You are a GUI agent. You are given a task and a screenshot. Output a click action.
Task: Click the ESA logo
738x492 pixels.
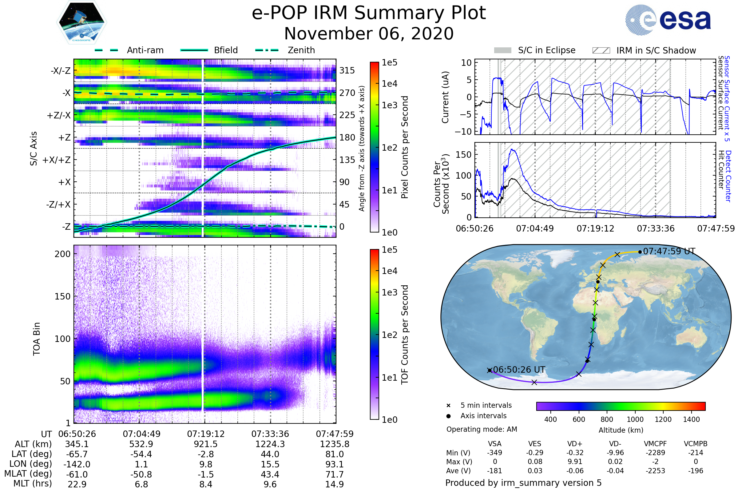point(668,20)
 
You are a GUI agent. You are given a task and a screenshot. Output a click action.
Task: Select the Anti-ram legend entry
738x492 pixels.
point(145,50)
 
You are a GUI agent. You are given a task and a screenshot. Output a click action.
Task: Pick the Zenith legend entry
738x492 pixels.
point(301,50)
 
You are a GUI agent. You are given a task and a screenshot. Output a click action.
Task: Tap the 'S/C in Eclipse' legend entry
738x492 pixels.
point(546,50)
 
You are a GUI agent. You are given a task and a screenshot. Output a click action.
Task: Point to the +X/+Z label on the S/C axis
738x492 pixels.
point(57,160)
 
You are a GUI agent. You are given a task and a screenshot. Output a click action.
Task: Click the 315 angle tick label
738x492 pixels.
point(347,71)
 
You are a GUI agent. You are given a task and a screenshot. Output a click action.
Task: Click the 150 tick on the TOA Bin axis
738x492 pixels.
point(62,296)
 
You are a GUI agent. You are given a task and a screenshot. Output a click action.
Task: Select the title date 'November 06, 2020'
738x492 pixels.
point(369,34)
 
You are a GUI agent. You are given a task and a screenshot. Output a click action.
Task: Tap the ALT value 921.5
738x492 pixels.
point(206,444)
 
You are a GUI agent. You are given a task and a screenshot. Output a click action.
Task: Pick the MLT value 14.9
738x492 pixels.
point(335,484)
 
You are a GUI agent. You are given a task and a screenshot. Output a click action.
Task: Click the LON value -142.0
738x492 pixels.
point(77,464)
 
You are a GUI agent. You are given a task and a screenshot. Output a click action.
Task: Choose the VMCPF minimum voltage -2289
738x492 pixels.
point(655,453)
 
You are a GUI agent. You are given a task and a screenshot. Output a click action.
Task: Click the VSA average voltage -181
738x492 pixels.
point(494,471)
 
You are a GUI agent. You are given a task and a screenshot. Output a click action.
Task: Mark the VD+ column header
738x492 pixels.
point(575,444)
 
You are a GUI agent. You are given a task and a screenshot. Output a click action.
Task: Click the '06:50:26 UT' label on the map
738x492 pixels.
point(519,370)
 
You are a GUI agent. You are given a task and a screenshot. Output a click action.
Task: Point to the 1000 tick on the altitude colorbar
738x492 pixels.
point(635,419)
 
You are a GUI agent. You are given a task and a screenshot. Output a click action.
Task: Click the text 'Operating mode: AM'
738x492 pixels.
point(482,429)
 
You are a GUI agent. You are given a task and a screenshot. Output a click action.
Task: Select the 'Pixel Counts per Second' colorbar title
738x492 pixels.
point(405,147)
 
